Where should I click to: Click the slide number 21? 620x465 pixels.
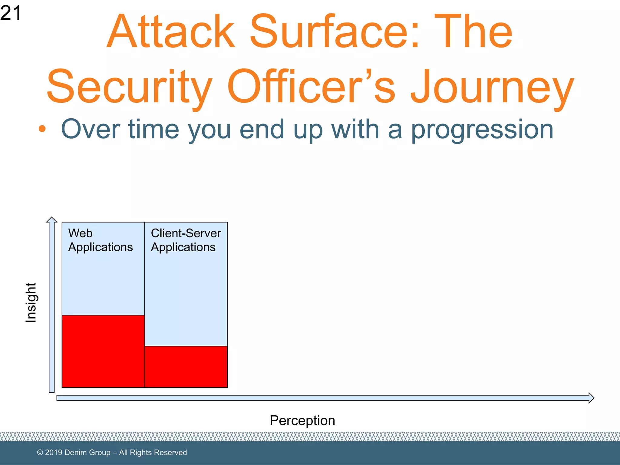(11, 13)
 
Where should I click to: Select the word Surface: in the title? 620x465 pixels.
(335, 31)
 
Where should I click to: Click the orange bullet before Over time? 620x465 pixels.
(42, 129)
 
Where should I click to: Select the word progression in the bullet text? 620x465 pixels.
(482, 130)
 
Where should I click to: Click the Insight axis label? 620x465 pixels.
(31, 302)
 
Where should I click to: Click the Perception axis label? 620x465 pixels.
(302, 420)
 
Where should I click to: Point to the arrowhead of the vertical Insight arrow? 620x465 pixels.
(52, 219)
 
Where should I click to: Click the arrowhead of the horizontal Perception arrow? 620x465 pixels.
(591, 397)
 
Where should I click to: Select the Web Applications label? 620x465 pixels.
(100, 240)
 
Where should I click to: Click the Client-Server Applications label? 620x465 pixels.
(186, 240)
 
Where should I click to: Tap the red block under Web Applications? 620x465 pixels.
(103, 351)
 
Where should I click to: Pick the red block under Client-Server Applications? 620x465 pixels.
(186, 367)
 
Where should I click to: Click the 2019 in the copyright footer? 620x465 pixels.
(54, 452)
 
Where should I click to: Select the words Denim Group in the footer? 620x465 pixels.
(87, 452)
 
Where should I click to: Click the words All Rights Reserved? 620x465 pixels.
(153, 452)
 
